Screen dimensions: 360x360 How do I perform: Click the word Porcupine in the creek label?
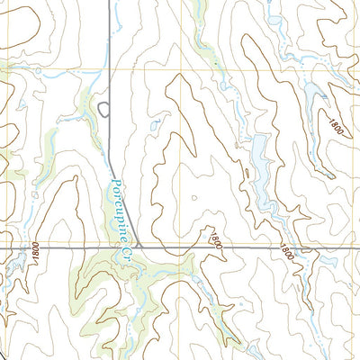tap(119, 204)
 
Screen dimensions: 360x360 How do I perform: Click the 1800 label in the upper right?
tap(336, 128)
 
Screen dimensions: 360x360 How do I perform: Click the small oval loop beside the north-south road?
tap(104, 110)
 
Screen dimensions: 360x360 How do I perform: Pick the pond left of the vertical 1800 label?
tap(15, 260)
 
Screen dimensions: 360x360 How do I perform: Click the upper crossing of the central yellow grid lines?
tap(181, 70)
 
